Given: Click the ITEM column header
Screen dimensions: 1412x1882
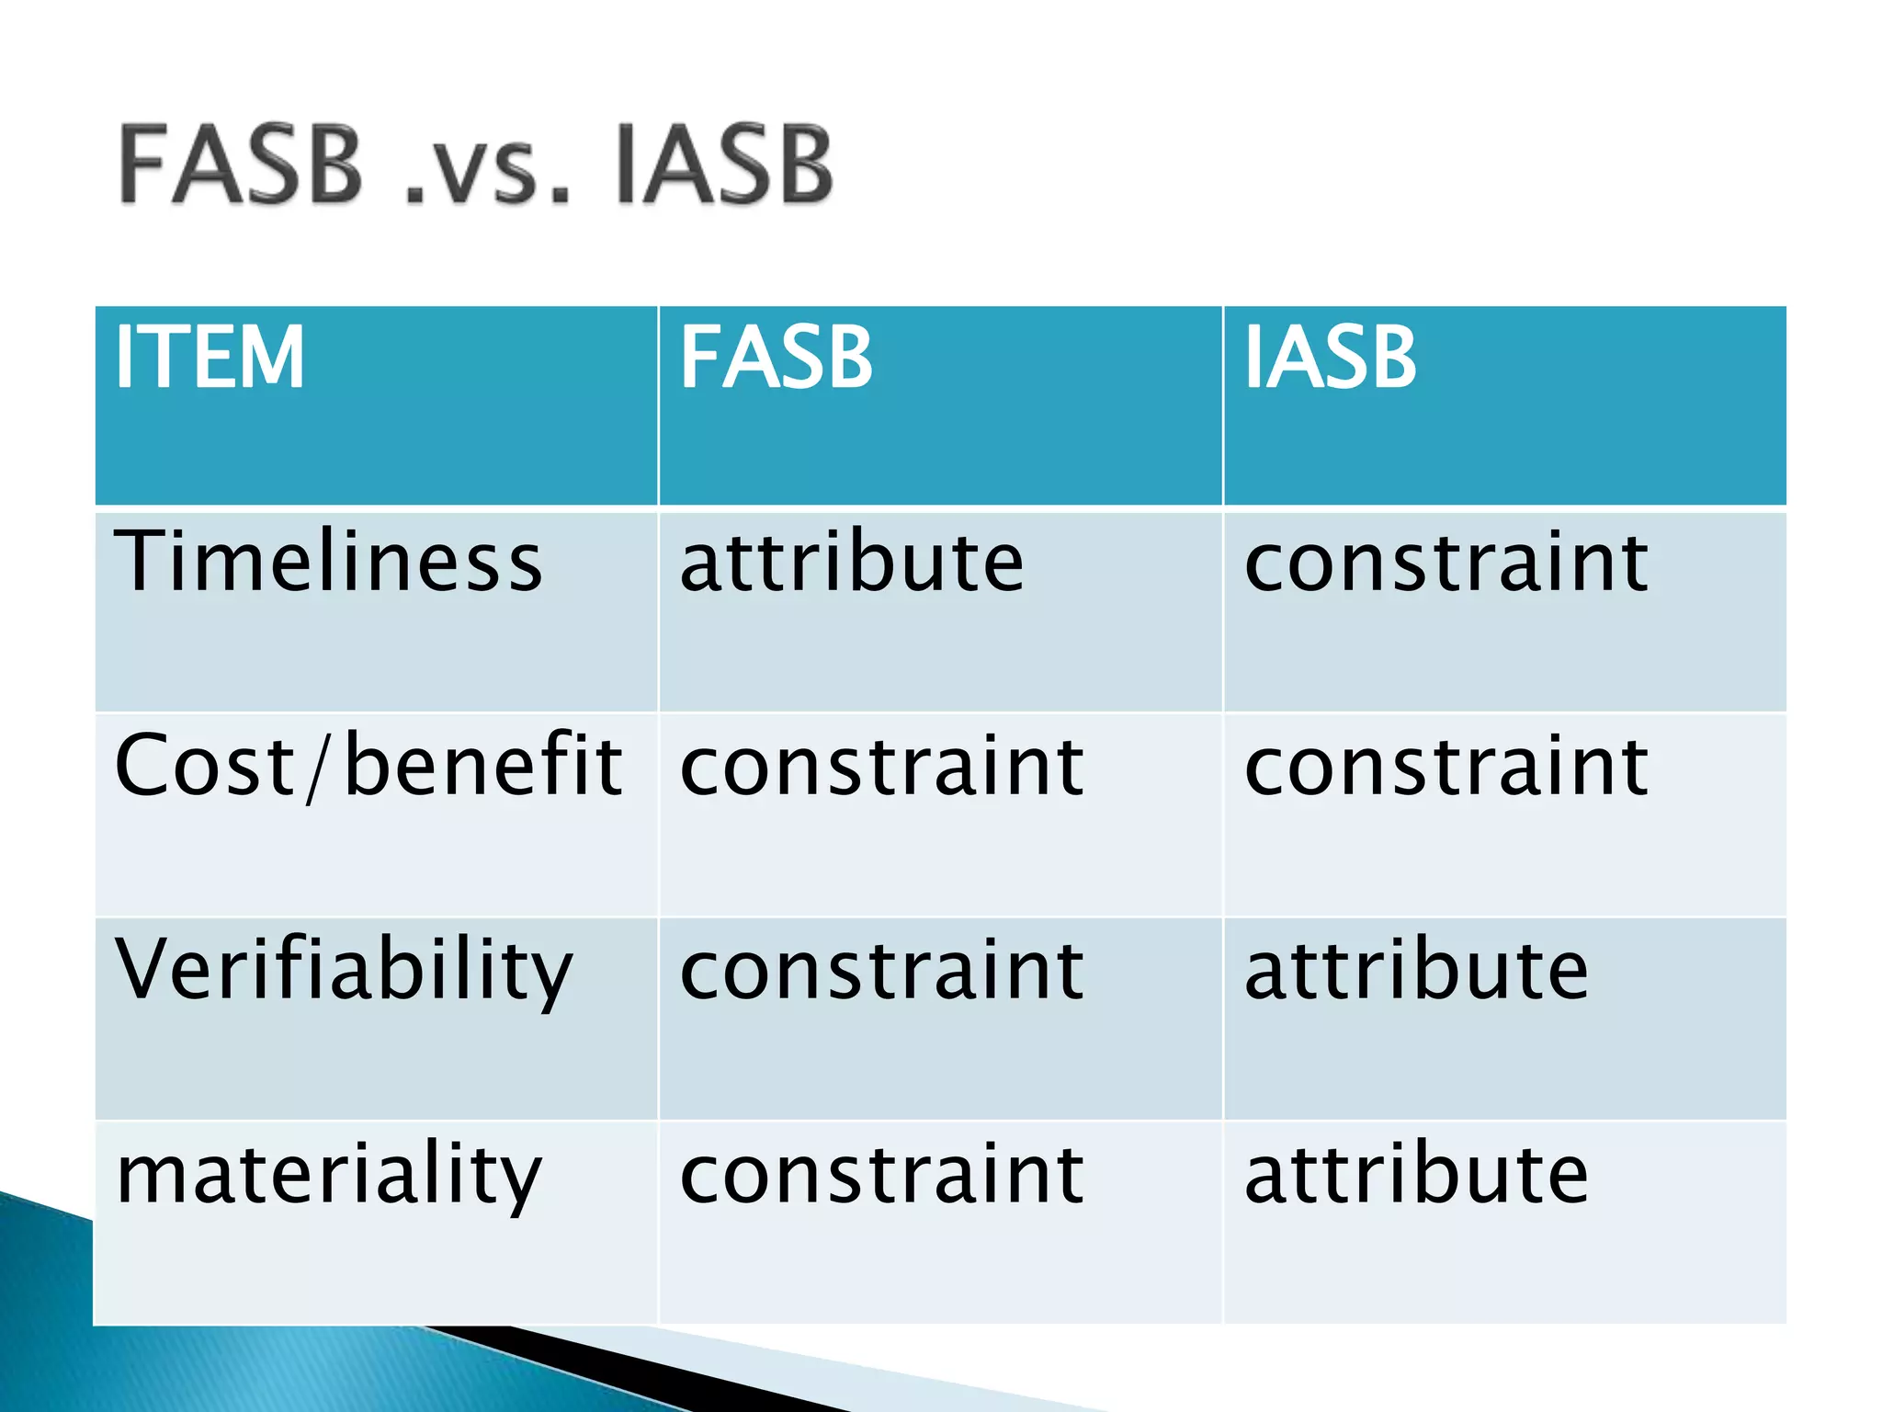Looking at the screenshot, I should (x=210, y=359).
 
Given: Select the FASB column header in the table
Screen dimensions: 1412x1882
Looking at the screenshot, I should (x=777, y=359).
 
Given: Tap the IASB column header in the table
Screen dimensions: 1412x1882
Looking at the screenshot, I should (x=1330, y=359).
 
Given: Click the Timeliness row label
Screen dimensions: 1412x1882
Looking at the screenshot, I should (x=328, y=562).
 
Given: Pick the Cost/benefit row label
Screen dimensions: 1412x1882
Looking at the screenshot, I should (x=368, y=766).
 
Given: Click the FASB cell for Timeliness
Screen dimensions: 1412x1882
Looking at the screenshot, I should (x=851, y=562).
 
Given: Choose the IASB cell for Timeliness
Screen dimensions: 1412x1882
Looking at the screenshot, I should (x=1446, y=562).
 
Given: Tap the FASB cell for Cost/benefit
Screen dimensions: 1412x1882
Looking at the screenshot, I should (x=881, y=767).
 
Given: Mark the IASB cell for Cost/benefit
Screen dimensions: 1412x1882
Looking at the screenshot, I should (x=1446, y=767).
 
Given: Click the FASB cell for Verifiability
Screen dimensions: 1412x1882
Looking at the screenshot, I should (x=881, y=971).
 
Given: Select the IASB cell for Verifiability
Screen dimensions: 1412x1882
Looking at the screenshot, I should (x=1415, y=971).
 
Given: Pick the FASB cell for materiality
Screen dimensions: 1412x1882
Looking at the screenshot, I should (x=881, y=1175).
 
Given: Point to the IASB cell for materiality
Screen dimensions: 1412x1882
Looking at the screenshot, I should (x=1415, y=1175).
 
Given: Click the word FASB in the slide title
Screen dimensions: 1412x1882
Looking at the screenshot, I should (x=241, y=165).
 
